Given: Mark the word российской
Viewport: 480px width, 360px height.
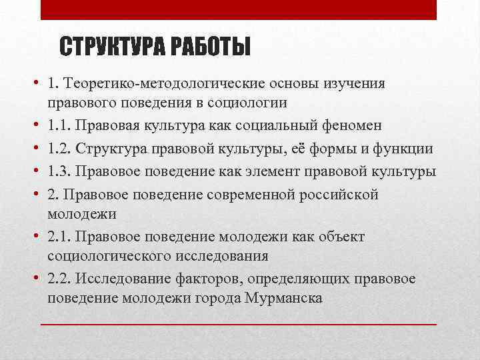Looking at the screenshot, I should pos(340,194).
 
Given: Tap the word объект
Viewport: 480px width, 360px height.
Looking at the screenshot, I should pos(339,237).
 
